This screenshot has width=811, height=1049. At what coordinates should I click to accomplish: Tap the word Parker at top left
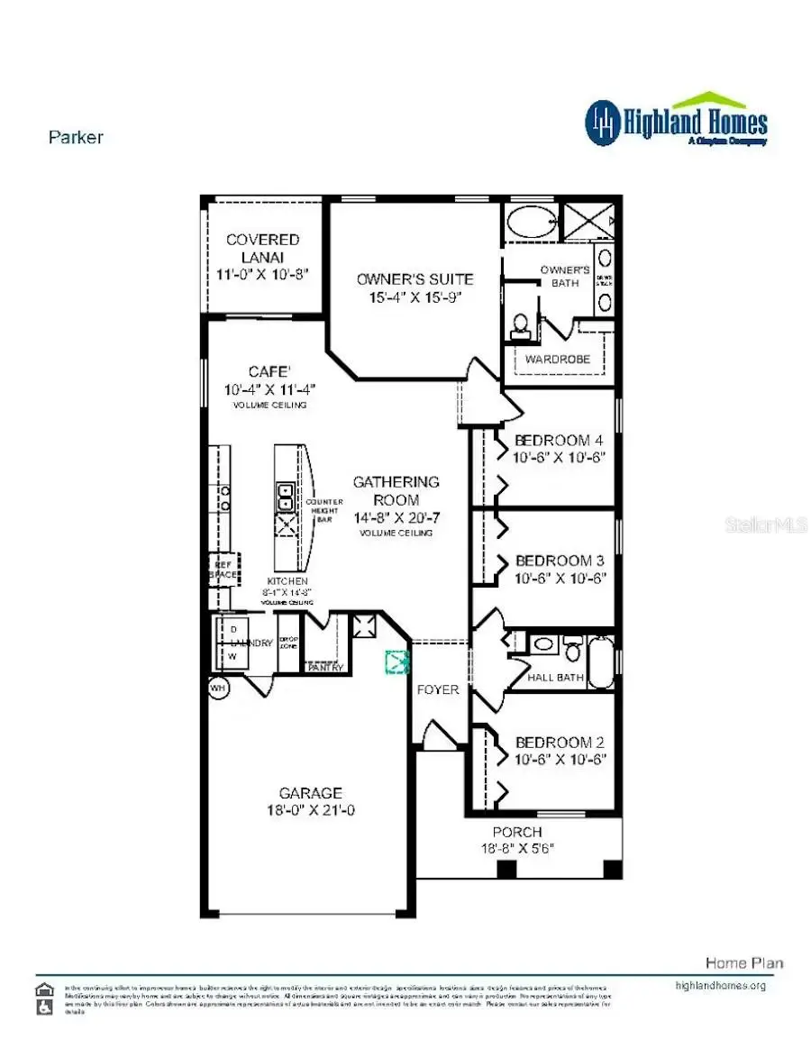76,138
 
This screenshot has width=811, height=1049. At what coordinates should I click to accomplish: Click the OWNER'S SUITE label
415,279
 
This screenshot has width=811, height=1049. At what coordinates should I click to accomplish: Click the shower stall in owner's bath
589,222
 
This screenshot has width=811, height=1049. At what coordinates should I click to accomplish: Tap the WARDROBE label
559,359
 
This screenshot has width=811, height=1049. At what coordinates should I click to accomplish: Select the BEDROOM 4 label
559,441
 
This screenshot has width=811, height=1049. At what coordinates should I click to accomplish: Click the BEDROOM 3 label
559,560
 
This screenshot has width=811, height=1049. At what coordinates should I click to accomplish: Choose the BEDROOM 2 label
559,743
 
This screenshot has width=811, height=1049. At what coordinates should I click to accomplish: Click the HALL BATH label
556,678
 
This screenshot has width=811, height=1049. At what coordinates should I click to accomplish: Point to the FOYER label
437,689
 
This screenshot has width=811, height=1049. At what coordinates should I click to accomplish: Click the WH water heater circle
217,688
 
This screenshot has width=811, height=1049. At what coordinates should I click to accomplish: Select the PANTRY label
324,668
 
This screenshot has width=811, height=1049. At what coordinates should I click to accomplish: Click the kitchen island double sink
285,497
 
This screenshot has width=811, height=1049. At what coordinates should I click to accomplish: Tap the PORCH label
517,832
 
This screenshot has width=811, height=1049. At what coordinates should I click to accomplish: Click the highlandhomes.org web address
720,986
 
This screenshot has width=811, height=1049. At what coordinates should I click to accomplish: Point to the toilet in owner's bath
521,326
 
